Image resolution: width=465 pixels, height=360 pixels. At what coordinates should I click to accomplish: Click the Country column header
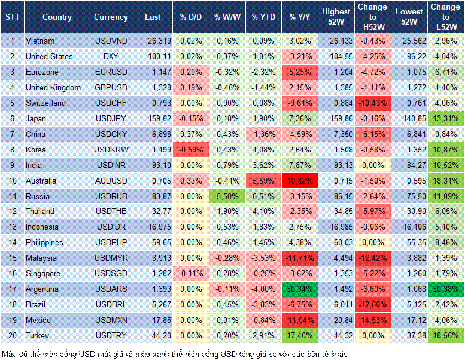click(x=57, y=17)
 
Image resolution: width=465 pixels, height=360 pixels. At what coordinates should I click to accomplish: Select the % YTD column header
click(x=264, y=17)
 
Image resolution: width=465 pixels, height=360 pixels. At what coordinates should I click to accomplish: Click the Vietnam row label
click(x=40, y=41)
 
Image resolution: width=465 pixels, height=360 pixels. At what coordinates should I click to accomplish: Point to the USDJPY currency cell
click(x=111, y=118)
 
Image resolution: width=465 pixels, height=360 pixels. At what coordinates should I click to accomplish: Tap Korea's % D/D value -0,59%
click(x=190, y=150)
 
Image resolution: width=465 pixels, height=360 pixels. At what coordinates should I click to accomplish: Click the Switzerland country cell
click(x=45, y=103)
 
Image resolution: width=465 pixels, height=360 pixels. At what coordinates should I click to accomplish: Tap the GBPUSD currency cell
click(x=111, y=88)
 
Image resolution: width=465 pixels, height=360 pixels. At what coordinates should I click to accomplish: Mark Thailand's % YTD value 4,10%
click(x=264, y=212)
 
